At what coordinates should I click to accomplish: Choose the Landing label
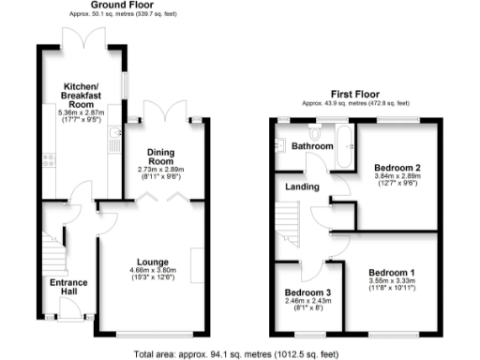(x=301, y=185)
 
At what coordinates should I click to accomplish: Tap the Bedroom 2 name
(x=398, y=168)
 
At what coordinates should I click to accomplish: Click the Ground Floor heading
(x=111, y=6)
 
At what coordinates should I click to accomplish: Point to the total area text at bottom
(x=238, y=353)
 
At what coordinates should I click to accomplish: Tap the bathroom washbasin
(x=280, y=145)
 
